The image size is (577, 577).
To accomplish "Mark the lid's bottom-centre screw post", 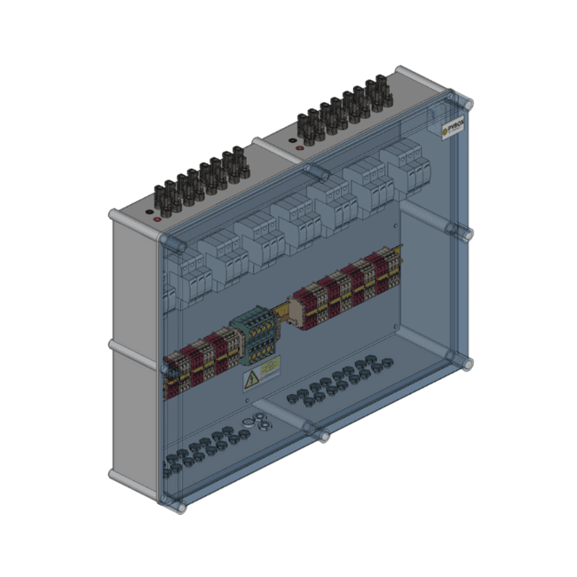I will point(320,435).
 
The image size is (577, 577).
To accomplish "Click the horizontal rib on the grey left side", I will point(133,347).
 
